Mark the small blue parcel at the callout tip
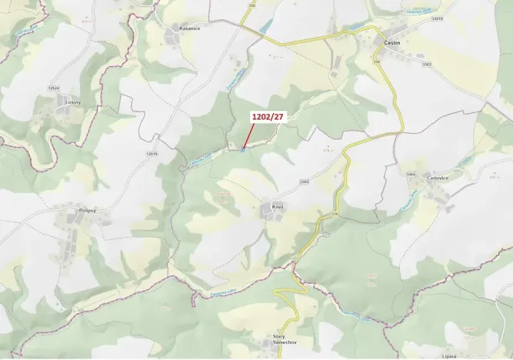(243, 148)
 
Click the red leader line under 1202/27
(249, 135)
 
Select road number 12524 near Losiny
(53, 88)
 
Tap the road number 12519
(151, 153)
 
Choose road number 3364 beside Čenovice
(411, 174)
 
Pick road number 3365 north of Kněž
(304, 182)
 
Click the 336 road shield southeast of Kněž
(334, 213)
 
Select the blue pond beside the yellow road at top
(265, 28)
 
